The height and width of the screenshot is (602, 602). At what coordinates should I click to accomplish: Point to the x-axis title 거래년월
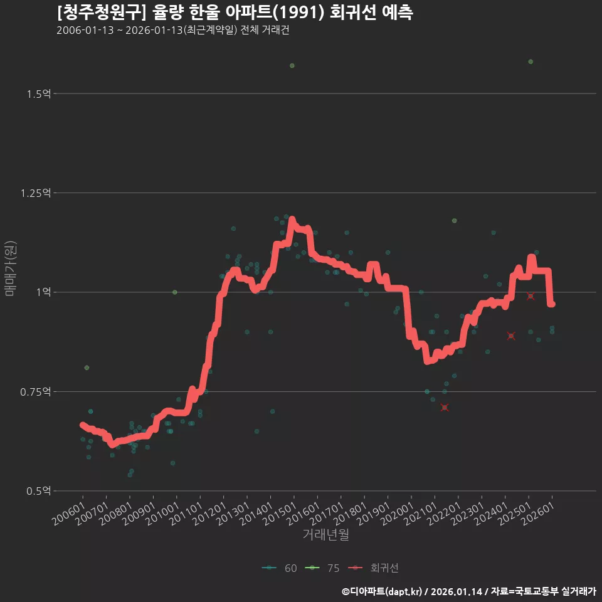[x=325, y=534]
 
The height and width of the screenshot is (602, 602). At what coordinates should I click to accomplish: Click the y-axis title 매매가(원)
[x=11, y=268]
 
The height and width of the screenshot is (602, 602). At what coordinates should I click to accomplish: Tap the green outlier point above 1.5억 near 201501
[x=292, y=66]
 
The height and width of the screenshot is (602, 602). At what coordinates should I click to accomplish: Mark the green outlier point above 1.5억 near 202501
[x=531, y=61]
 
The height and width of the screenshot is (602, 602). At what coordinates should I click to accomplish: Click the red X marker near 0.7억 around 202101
[x=445, y=408]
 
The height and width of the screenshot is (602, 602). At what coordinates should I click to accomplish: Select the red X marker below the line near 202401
[x=511, y=336]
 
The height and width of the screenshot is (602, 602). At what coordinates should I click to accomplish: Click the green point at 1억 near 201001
[x=174, y=292]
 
